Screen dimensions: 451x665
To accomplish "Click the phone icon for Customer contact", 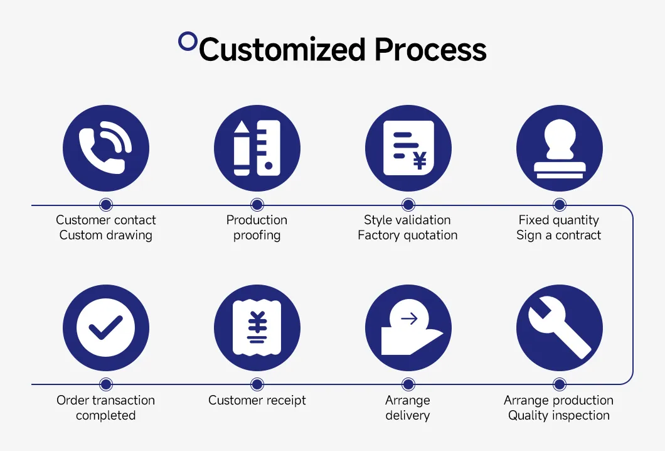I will coord(106,148).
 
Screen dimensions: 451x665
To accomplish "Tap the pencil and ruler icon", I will coord(257,148).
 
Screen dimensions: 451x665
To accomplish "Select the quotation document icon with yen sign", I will coord(408,148).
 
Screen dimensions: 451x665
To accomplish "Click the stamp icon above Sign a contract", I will coord(559,148).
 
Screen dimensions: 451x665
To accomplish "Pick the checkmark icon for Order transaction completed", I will coord(106,328).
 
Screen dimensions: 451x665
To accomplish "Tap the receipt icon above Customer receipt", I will coord(257,328).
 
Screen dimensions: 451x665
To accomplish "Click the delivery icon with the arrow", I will coord(408,328).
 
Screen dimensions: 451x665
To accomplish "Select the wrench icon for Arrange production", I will coord(559,328).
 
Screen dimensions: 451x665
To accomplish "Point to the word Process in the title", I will coord(430,50).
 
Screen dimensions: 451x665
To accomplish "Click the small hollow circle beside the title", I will coord(188,41).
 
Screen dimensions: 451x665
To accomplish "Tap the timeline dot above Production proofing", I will coord(257,205).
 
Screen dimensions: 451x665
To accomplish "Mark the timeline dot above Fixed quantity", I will coord(559,205).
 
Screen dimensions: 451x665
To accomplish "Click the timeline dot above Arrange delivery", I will coord(408,384).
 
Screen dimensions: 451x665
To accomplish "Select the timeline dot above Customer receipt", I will coord(257,384).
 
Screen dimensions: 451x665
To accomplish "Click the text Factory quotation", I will coord(408,236).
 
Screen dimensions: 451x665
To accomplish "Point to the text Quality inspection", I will coord(559,415).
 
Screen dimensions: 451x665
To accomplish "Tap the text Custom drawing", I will coord(106,236).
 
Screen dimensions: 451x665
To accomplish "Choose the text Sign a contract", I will coord(559,236).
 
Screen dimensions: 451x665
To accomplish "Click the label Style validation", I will coord(408,220).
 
